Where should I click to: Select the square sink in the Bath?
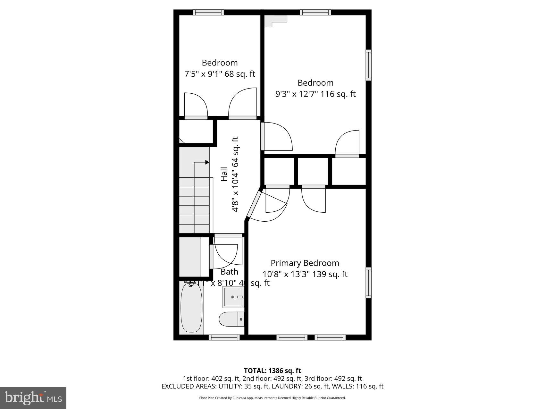[x=233, y=297]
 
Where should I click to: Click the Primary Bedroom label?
[x=305, y=263]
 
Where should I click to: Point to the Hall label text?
[x=224, y=174]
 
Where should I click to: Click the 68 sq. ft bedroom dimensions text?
[x=220, y=74]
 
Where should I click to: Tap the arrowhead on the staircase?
[x=207, y=162]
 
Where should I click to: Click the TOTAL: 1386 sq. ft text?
[x=272, y=371]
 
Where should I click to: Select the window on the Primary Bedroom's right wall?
[x=368, y=283]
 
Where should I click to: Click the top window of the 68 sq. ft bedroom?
[x=208, y=13]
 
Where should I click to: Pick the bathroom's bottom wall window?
[x=224, y=337]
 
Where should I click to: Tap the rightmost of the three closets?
[x=348, y=171]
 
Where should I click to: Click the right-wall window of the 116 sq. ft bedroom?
[x=368, y=65]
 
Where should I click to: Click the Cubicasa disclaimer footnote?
[x=272, y=398]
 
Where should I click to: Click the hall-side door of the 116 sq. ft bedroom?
[x=263, y=136]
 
